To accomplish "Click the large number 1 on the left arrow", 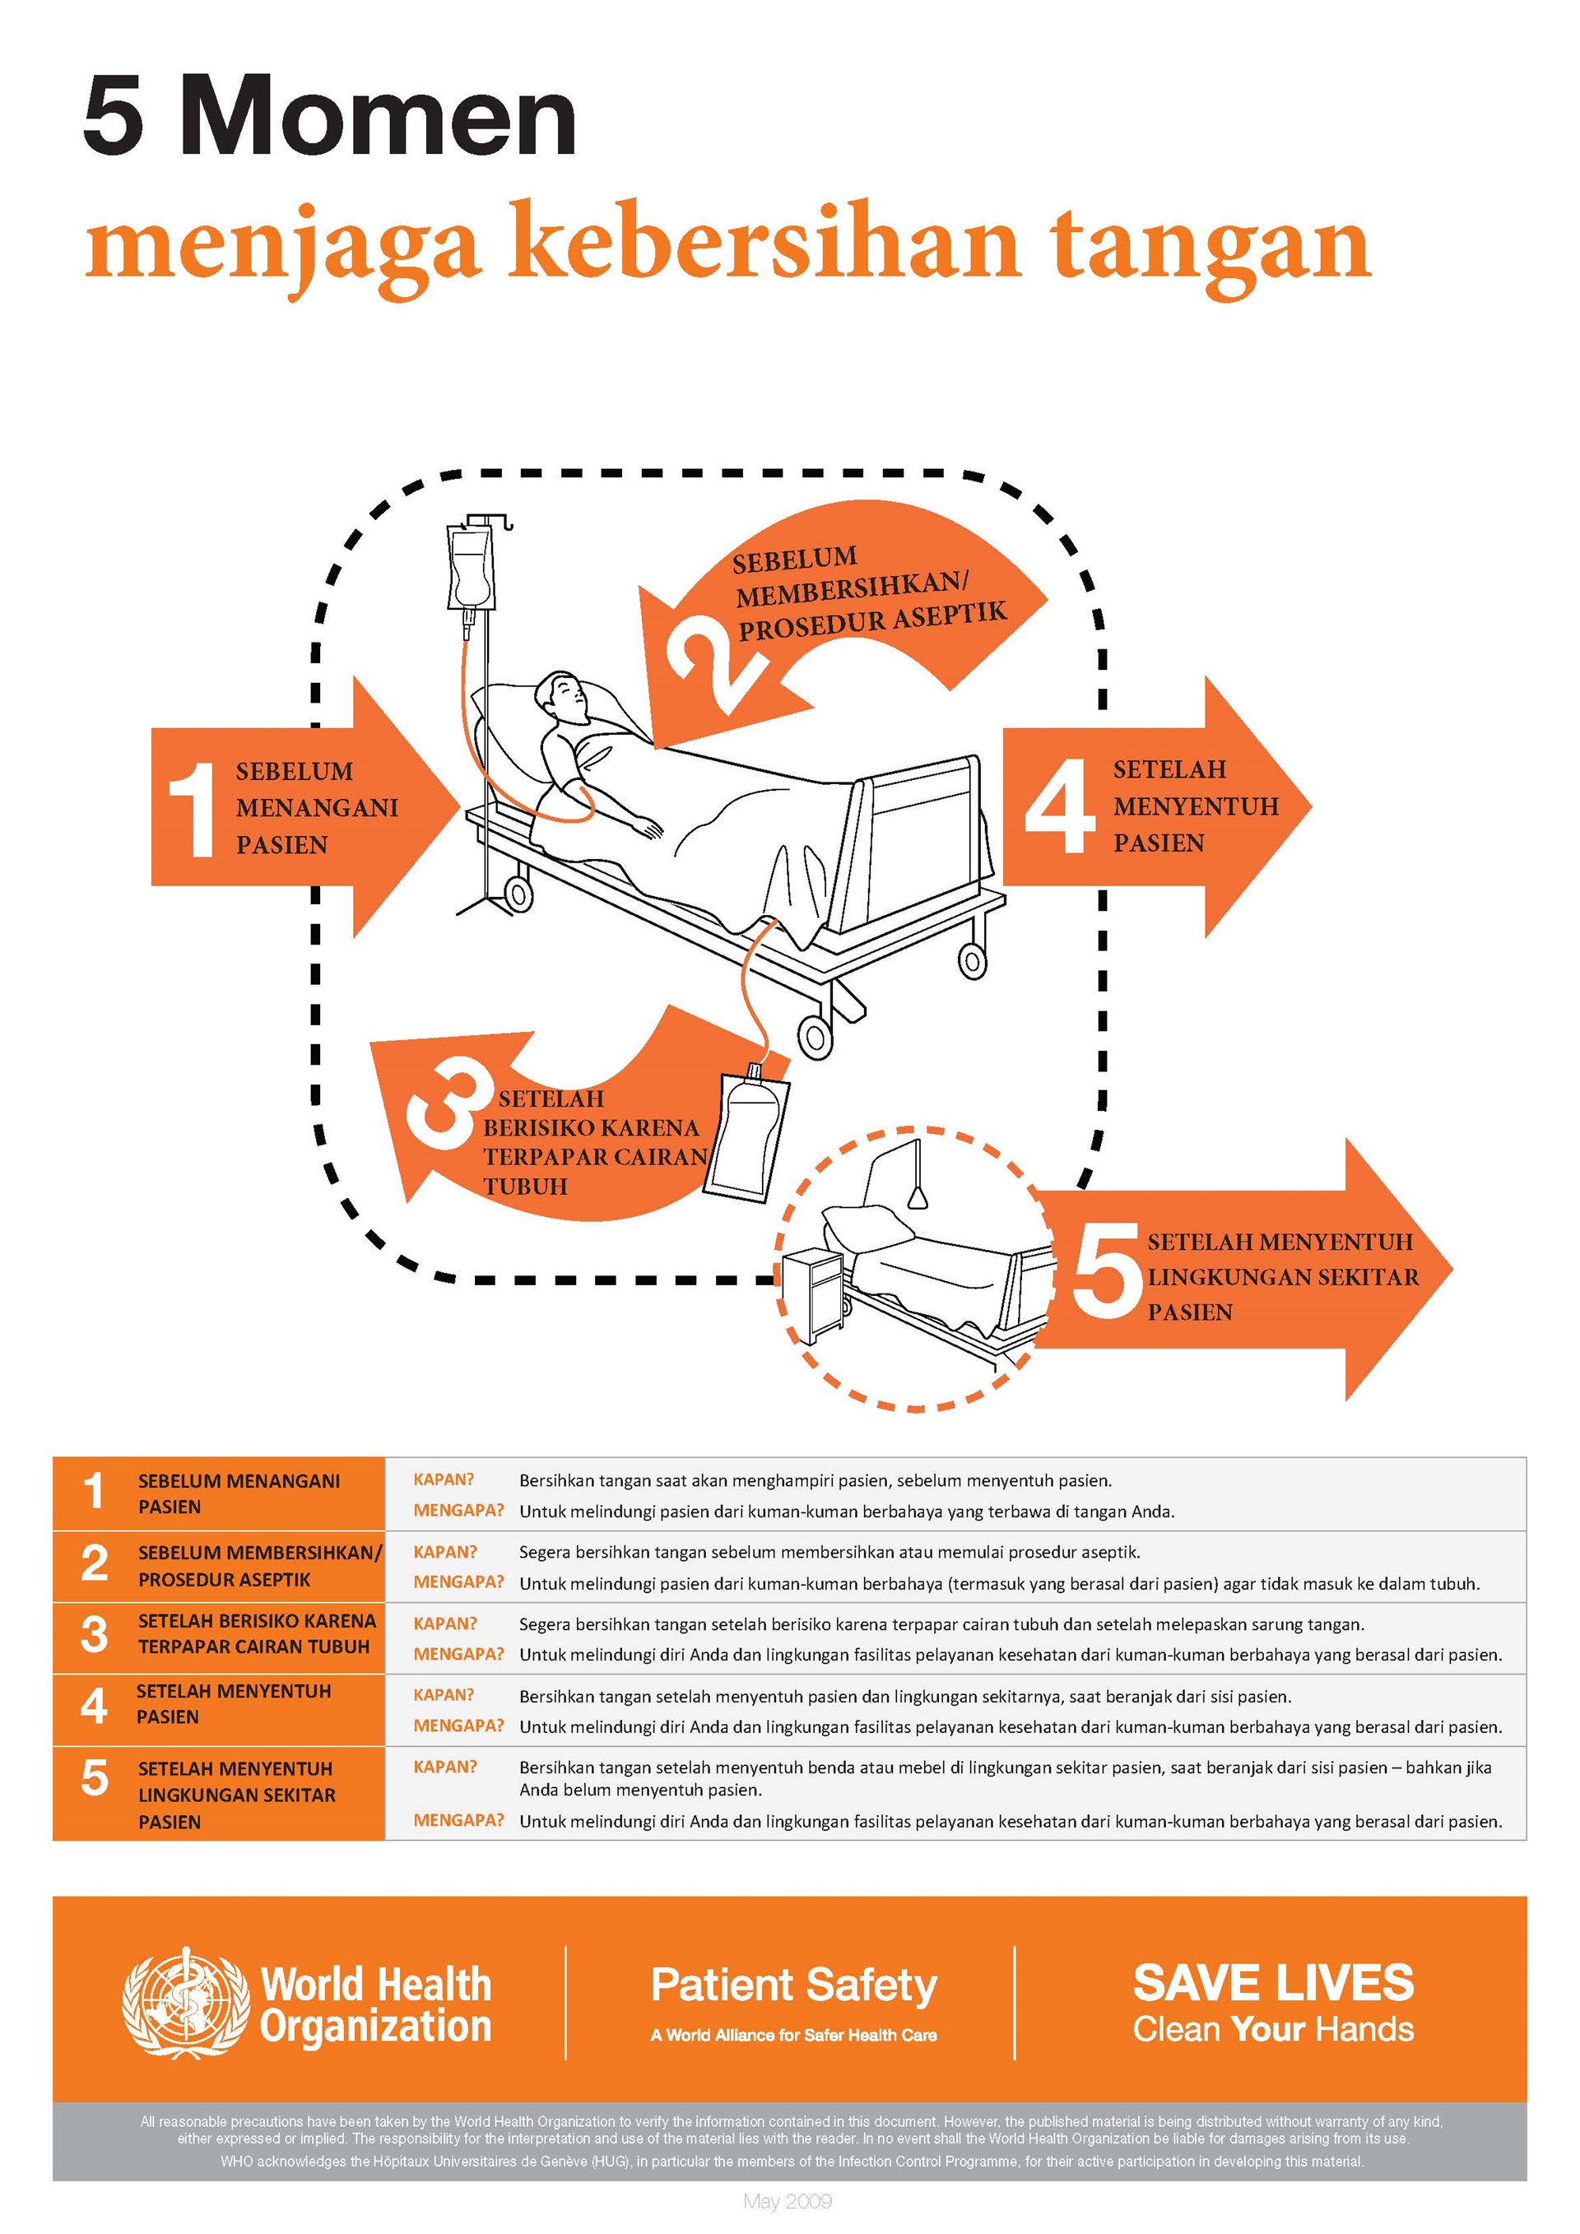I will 192,810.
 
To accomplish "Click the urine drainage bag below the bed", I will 747,1135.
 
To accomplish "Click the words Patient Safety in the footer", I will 793,1985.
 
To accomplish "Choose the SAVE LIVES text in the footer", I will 1272,1983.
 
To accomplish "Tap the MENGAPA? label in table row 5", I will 458,1819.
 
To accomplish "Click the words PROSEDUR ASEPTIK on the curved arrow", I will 872,620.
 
